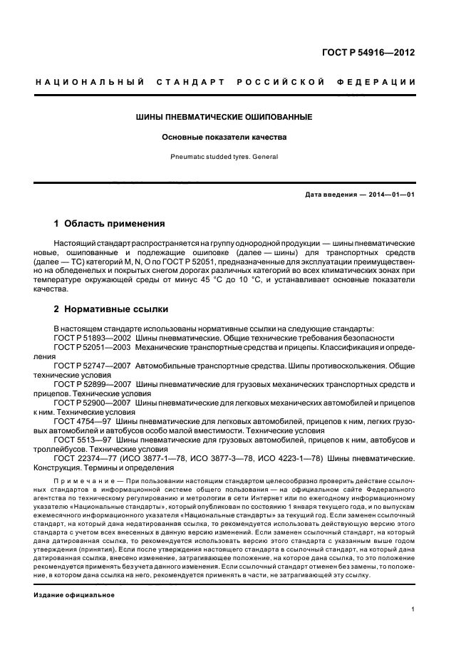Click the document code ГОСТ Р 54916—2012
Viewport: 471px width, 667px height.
tap(369, 53)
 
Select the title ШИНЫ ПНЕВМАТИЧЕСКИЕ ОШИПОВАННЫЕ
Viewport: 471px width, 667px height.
tap(224, 116)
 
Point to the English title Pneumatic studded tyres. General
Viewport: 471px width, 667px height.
tap(224, 156)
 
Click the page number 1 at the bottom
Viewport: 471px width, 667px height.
tap(413, 609)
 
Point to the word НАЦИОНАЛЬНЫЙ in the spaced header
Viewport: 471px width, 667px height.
tap(90, 82)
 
